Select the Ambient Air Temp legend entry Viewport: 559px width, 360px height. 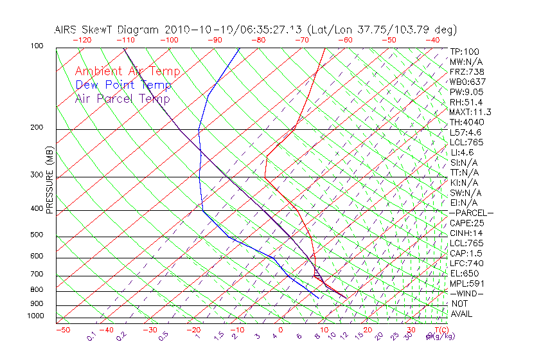click(127, 71)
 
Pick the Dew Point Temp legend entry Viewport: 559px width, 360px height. click(123, 85)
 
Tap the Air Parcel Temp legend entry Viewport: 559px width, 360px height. click(122, 98)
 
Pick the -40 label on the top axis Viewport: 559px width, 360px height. click(432, 39)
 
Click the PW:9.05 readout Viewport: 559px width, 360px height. click(466, 92)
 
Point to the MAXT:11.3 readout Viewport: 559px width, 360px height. click(470, 112)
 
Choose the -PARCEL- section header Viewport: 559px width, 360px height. click(471, 213)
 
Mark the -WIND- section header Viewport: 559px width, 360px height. click(467, 294)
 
